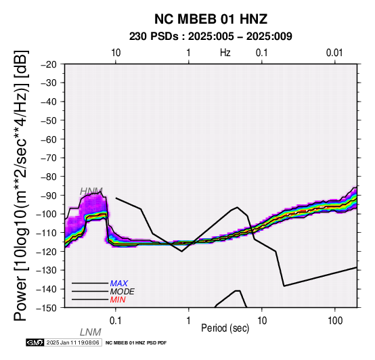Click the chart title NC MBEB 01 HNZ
coord(211,19)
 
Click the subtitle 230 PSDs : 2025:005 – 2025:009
coord(211,37)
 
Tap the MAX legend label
coord(119,284)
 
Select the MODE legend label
coord(123,292)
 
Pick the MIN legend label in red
coord(118,300)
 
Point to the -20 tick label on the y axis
coord(49,64)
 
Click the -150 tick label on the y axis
coord(47,308)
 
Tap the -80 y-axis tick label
coord(49,177)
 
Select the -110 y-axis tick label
coord(47,233)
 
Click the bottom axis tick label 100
coord(335,321)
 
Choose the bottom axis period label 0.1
coord(116,321)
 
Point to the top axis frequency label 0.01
coord(335,53)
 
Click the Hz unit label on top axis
coord(225,53)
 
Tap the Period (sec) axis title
coord(225,328)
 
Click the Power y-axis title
coord(21,185)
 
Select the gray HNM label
coord(91,192)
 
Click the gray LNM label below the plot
coord(91,332)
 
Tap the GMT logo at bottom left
coord(35,342)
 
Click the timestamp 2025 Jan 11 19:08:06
coord(72,342)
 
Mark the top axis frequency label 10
coord(116,53)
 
